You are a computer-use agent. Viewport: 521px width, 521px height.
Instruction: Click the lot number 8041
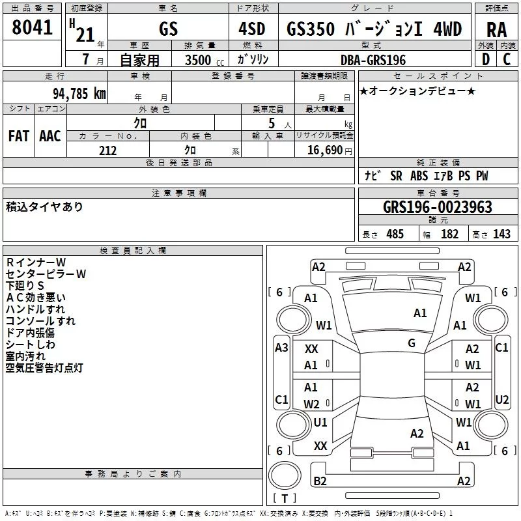pos(32,27)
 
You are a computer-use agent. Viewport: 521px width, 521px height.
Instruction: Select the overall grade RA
pos(496,30)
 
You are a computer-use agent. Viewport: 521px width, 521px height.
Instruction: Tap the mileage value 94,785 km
pos(79,94)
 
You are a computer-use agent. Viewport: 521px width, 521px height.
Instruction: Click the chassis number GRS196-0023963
pos(437,207)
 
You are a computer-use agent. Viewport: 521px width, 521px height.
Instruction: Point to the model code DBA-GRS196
pos(373,60)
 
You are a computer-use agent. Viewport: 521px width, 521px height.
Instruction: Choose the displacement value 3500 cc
pos(204,60)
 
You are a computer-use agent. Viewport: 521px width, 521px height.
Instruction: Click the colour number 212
pos(107,150)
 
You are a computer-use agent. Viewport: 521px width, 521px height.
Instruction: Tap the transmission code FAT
pos(19,136)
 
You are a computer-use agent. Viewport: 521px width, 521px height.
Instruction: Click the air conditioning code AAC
pos(50,136)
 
